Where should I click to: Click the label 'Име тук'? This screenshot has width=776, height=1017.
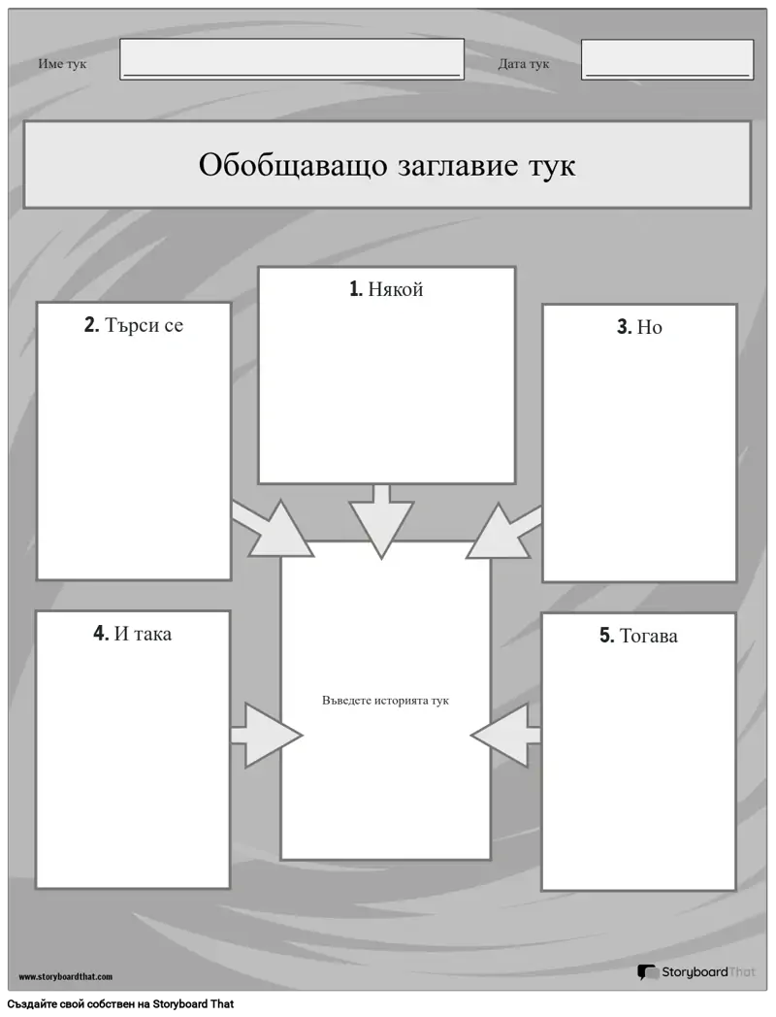point(62,64)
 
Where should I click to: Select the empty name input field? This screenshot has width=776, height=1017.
point(292,59)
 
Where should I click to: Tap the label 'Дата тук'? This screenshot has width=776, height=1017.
point(523,64)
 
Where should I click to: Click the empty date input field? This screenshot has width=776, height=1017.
point(667,59)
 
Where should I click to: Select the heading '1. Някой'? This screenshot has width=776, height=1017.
point(386,288)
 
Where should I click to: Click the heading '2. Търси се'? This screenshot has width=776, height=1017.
point(134,325)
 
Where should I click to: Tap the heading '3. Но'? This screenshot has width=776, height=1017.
point(639,327)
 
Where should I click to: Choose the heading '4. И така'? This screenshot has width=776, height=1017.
point(132,633)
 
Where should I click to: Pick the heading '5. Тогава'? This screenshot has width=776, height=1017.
point(638,636)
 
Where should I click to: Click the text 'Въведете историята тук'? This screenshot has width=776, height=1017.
point(385,701)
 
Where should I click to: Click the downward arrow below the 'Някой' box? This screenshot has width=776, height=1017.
point(381,521)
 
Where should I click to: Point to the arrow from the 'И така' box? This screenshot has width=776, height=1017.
point(267,736)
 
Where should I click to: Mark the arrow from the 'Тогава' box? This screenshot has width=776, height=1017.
point(505,736)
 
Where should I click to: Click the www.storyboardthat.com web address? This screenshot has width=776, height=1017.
point(66,976)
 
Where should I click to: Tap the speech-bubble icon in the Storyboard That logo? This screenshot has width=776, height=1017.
point(647,972)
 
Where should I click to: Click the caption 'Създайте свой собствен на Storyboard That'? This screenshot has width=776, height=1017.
point(120,1004)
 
